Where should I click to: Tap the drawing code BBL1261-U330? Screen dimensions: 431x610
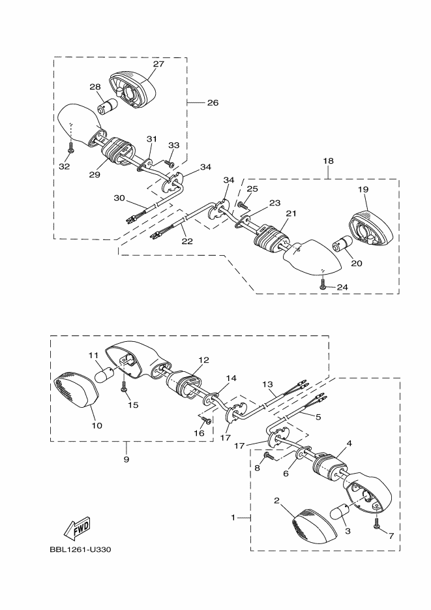point(80,550)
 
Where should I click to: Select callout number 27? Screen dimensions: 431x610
point(158,64)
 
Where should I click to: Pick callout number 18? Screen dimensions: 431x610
point(328,160)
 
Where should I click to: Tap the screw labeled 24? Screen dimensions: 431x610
point(323,286)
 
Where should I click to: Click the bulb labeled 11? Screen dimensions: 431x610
point(106,375)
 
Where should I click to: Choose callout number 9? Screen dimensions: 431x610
point(126,459)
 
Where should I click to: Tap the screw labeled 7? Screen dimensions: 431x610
point(377,524)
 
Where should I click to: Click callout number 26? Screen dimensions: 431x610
point(213,102)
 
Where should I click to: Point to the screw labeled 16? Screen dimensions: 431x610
point(207,420)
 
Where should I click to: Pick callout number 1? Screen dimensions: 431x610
point(233,518)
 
